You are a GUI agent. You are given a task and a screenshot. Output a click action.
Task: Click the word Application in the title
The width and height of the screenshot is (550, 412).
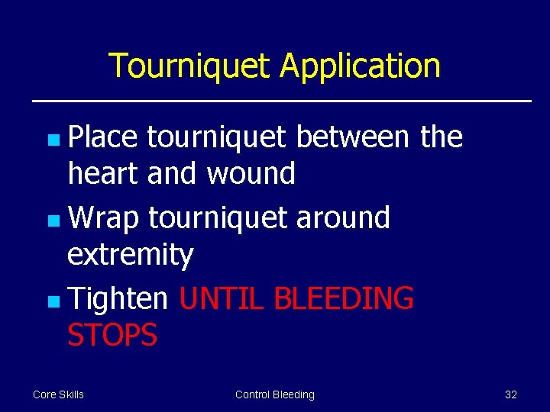[360, 66]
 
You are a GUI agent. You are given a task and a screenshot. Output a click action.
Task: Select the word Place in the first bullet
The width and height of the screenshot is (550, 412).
[103, 137]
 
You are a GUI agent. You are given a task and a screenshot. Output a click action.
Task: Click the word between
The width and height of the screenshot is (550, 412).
[354, 137]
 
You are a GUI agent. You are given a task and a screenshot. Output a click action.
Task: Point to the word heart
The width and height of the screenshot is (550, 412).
[103, 174]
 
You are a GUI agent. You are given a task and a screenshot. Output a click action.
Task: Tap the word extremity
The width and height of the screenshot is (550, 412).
[131, 255]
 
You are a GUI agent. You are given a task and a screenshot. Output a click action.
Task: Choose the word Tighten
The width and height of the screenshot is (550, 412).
[118, 299]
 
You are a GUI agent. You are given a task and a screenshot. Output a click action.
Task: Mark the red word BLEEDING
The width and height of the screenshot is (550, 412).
[344, 299]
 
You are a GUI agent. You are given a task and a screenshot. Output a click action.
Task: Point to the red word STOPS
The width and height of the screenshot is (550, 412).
[112, 335]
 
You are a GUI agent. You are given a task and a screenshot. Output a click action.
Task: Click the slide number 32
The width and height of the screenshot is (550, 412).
[511, 394]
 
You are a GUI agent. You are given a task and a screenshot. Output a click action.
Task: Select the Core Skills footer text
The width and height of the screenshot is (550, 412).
[59, 394]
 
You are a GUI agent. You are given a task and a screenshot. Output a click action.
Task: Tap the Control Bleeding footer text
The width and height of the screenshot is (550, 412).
[275, 394]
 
